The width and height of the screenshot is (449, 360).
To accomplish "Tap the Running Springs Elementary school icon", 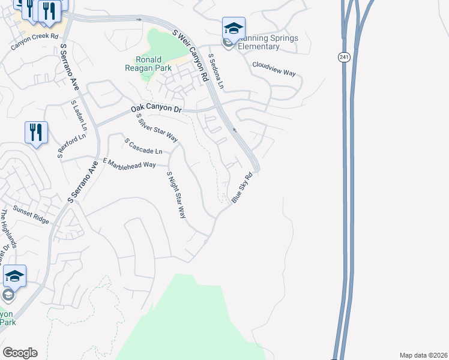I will pos(234,28).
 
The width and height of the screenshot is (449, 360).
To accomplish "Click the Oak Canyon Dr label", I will pos(156,109).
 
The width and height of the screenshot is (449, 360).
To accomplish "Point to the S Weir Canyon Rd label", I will pos(190,55).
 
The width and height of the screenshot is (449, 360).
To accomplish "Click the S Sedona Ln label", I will pos(216,71).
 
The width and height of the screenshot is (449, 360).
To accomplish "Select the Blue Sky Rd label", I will pos(246,188).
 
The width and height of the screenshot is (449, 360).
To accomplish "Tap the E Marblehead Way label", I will pos(129,163).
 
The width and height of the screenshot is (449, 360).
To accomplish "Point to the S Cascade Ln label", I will pos(143,146).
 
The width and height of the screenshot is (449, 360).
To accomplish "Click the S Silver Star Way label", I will pos(157,128).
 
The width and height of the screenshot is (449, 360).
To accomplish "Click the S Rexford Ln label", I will pos(73,146).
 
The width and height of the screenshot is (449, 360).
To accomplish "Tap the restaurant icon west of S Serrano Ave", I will pos(36,132).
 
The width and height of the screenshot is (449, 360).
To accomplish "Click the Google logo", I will pos(20,353).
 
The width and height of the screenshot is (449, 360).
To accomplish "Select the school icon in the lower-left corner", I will pos(14,276).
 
